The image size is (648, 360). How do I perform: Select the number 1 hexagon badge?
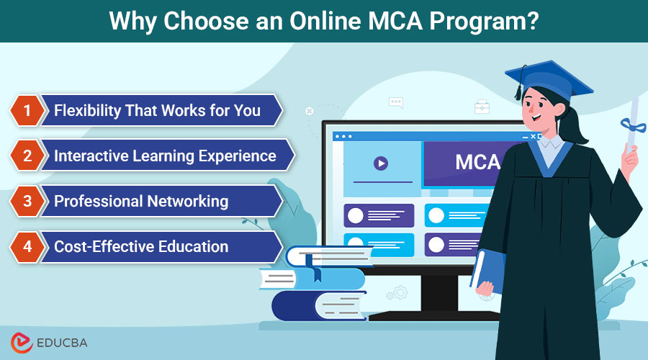click(x=27, y=110)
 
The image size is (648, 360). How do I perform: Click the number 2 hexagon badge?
click(x=27, y=156)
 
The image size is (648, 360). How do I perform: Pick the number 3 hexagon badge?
click(x=27, y=201)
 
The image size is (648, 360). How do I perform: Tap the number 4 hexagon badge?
click(x=27, y=246)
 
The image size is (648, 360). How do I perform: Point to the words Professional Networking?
click(x=141, y=201)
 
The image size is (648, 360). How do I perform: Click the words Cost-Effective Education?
click(x=141, y=246)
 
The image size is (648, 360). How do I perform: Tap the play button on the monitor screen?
click(x=381, y=163)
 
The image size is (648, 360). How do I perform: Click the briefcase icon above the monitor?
click(x=482, y=107)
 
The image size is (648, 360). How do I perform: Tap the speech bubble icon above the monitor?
click(x=395, y=103)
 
